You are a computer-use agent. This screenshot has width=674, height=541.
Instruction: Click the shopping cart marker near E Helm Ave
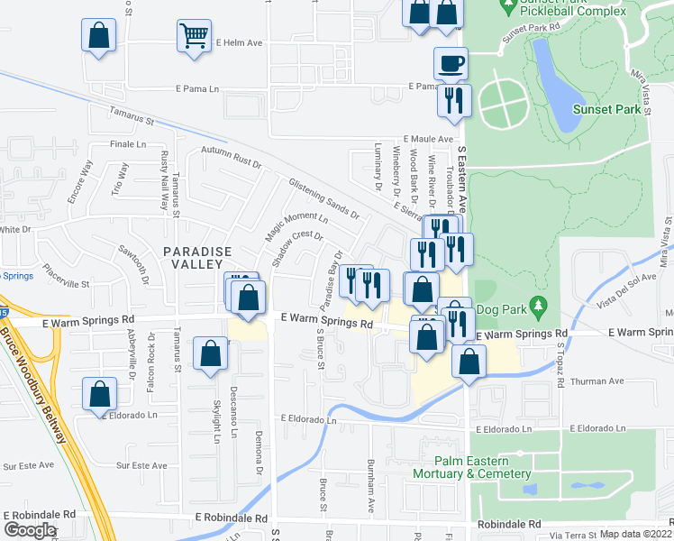pos(194,38)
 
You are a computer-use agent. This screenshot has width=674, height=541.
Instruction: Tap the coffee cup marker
pos(451,63)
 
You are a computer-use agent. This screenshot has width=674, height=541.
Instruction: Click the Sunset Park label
pos(612,109)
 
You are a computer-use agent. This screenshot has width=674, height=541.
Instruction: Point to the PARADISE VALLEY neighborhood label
pos(191,257)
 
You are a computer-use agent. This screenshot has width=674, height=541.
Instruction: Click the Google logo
pos(30,529)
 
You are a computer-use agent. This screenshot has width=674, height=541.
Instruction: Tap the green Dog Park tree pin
pos(539,306)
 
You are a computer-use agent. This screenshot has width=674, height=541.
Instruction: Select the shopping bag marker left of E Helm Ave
pos(99,37)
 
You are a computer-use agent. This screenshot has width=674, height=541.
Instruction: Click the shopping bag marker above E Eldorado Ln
pos(99,393)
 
